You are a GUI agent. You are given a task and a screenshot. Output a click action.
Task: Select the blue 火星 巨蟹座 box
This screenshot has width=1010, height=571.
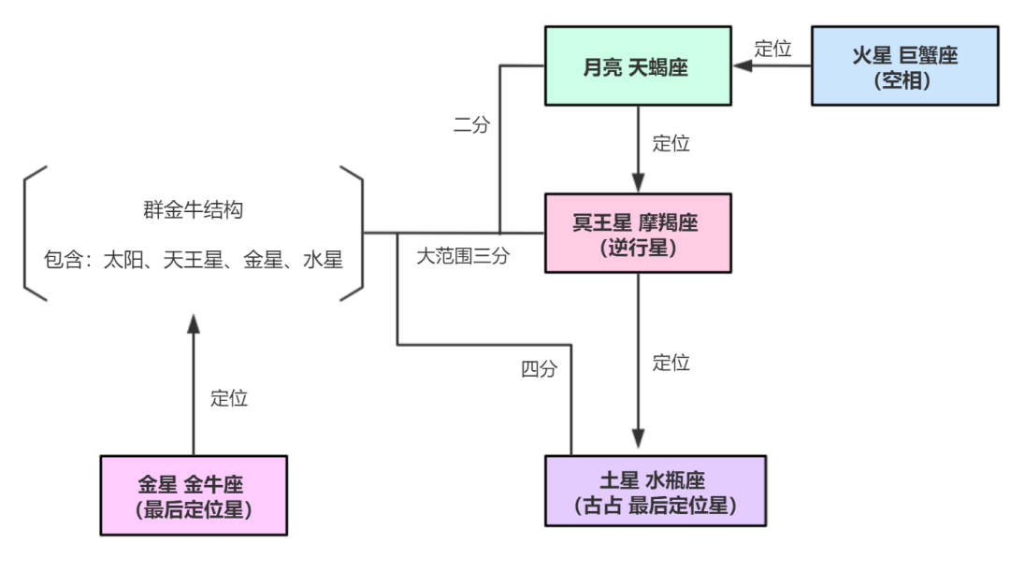pyautogui.click(x=904, y=66)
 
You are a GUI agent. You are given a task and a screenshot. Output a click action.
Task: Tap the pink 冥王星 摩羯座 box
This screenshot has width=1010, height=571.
pyautogui.click(x=637, y=234)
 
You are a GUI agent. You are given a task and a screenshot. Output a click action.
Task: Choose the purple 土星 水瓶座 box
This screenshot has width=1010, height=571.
pyautogui.click(x=655, y=491)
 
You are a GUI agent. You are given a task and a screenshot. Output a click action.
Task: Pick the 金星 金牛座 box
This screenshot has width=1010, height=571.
pyautogui.click(x=194, y=495)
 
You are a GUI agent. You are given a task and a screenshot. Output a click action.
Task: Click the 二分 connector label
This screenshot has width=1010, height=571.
pyautogui.click(x=471, y=124)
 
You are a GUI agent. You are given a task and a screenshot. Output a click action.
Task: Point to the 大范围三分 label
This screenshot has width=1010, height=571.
pyautogui.click(x=463, y=256)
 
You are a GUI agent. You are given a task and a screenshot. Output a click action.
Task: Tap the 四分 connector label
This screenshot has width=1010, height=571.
pyautogui.click(x=539, y=369)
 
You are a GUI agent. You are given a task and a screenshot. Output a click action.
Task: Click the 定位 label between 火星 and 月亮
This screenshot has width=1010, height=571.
pyautogui.click(x=773, y=50)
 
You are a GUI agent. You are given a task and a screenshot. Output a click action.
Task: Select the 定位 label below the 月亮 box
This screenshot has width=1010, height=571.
pyautogui.click(x=671, y=144)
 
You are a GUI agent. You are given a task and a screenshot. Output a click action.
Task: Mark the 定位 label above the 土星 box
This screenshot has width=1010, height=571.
pyautogui.click(x=671, y=363)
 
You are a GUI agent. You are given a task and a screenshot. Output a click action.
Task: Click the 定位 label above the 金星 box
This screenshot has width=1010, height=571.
pyautogui.click(x=229, y=398)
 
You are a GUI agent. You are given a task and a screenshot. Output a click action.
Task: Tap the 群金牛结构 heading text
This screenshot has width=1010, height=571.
pyautogui.click(x=193, y=209)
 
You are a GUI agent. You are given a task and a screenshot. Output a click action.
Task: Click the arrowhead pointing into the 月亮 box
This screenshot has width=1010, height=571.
pyautogui.click(x=743, y=66)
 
